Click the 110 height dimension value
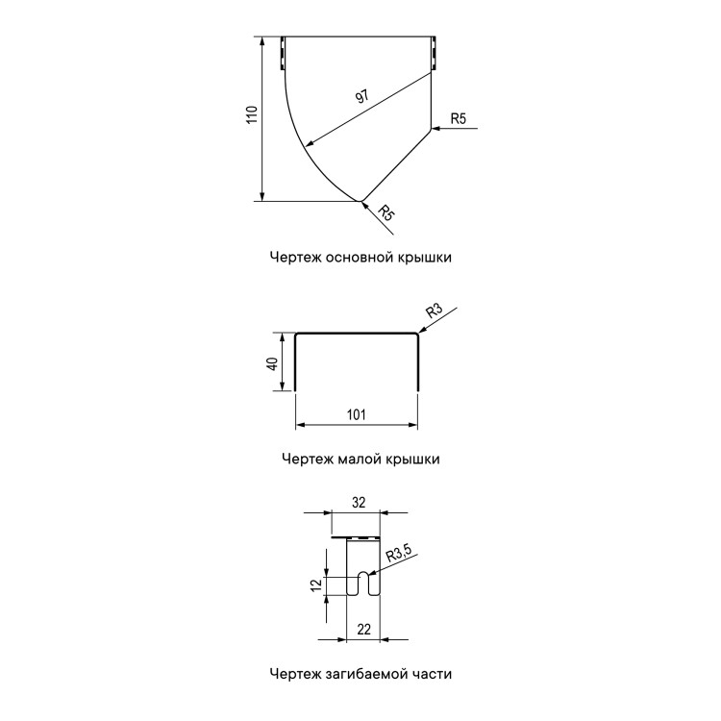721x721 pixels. pyautogui.click(x=252, y=114)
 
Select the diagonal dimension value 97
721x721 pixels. pyautogui.click(x=362, y=96)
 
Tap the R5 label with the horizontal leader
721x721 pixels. pyautogui.click(x=459, y=118)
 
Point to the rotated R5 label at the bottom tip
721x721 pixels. pyautogui.click(x=386, y=212)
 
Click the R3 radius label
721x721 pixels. pyautogui.click(x=434, y=311)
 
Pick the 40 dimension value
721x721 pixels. pyautogui.click(x=272, y=363)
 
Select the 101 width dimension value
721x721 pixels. pyautogui.click(x=357, y=414)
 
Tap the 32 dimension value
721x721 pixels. pyautogui.click(x=359, y=503)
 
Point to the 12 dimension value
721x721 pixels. pyautogui.click(x=316, y=585)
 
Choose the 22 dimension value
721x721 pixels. pyautogui.click(x=363, y=629)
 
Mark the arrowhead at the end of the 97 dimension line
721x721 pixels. pyautogui.click(x=309, y=144)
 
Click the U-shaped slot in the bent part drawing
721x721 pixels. pyautogui.click(x=363, y=584)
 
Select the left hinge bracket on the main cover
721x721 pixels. pyautogui.click(x=282, y=53)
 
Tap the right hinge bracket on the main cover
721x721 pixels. pyautogui.click(x=434, y=53)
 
